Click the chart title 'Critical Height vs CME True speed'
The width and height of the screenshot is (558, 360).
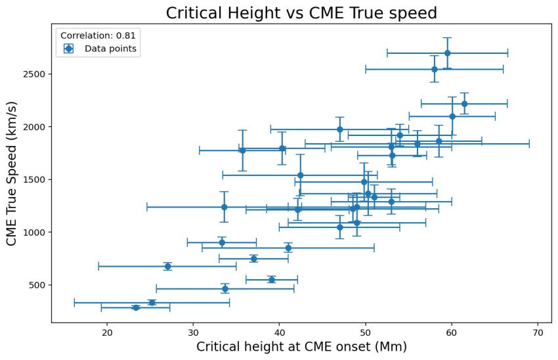[x=301, y=12]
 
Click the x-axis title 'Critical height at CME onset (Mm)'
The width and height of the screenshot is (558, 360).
[x=301, y=347]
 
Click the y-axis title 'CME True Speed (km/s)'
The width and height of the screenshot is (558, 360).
[x=11, y=173]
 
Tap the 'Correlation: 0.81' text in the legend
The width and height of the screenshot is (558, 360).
[x=98, y=35]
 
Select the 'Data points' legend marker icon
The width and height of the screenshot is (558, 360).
[x=68, y=49]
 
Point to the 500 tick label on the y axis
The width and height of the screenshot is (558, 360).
[x=35, y=285]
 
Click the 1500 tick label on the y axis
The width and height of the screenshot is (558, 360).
[x=33, y=179]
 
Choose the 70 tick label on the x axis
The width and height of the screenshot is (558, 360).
[x=538, y=332]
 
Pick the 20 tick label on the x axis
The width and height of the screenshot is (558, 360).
[x=107, y=332]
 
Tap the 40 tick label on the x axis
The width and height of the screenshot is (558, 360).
[x=280, y=332]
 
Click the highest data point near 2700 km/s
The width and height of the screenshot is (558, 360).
[x=447, y=53]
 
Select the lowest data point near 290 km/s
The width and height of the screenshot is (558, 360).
[x=136, y=307]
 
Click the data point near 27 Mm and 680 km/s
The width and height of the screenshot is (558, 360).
[x=167, y=266]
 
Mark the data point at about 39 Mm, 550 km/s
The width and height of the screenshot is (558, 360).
[x=272, y=280]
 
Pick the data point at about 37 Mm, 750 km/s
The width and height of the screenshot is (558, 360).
[x=254, y=259]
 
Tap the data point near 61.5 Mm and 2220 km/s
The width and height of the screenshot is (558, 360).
[x=464, y=104]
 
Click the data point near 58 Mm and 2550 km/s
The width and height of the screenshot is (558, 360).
[x=434, y=69]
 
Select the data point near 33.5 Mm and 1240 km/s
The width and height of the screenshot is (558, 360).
[x=224, y=207]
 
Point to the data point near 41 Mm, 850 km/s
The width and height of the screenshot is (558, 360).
[x=288, y=248]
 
